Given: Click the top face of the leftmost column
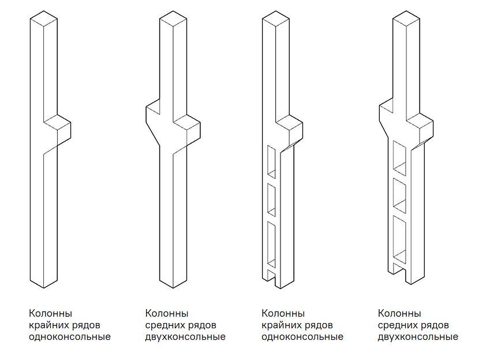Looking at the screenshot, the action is pos(44,18).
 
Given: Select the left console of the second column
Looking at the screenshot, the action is pos(153,122).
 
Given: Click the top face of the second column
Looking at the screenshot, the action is pos(173,18).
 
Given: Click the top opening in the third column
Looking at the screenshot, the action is pos(272,160).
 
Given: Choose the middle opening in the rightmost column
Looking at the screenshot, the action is pos(399,195).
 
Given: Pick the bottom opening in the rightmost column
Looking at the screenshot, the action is pos(399,238).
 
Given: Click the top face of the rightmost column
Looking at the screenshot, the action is pos(406,18).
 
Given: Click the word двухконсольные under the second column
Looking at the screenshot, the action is pos(185,337).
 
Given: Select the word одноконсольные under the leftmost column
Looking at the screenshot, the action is pos(70,337).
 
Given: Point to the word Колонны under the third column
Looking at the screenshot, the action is pos(283,313).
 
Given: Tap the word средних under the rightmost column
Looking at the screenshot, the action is pos(397,325).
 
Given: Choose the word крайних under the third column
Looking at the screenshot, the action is pos(282,325).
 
